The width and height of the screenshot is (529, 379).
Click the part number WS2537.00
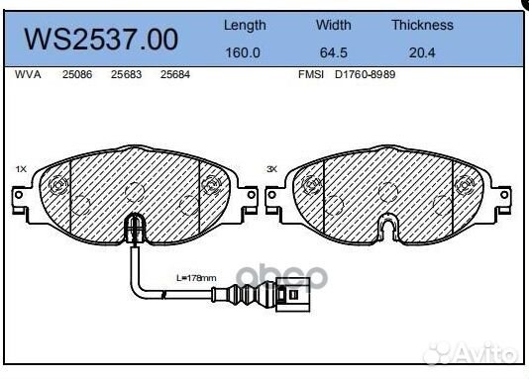102,40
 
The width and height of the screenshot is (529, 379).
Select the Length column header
244,25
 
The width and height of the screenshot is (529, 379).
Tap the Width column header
333,25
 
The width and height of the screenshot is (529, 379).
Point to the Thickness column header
422,25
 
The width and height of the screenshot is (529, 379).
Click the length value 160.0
244,53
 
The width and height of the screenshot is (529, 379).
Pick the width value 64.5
333,53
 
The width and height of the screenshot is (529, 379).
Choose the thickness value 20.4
422,53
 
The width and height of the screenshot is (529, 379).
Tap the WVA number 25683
125,75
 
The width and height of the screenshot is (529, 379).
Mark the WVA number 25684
174,75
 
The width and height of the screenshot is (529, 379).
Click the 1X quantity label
21,170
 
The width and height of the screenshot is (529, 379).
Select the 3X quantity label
272,170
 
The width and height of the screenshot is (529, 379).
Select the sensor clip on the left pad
133,232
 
